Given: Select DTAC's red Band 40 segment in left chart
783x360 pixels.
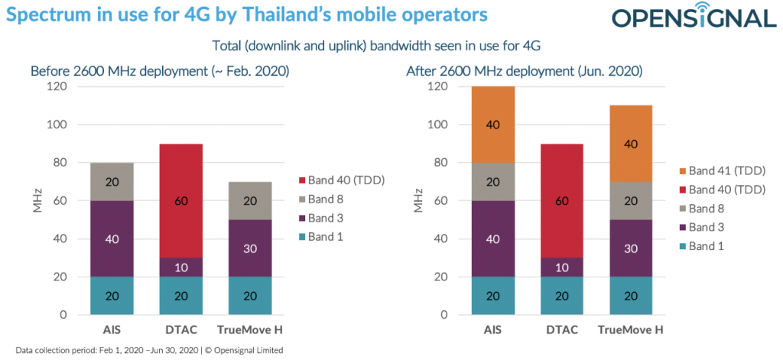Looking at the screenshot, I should point(180,200).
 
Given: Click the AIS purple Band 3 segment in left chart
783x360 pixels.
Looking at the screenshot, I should point(112,238).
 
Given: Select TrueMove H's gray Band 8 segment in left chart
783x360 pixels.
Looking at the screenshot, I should point(250,200).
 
